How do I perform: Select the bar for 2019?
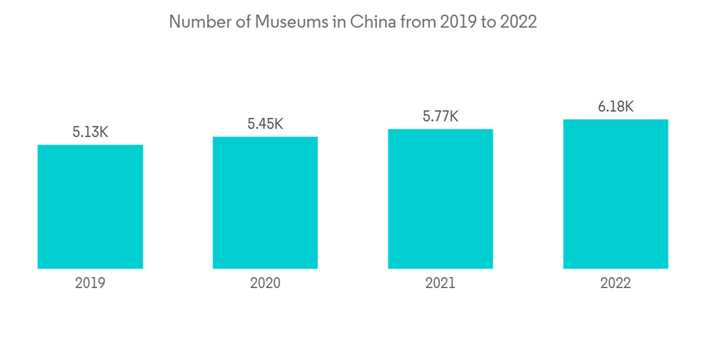pos(90,206)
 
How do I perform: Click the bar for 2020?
pos(265,202)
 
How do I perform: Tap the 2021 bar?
pos(441,199)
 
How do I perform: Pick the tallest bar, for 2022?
pos(615,194)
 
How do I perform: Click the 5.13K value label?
pos(90,132)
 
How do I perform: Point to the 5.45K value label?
pos(265,124)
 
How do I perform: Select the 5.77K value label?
pos(441,116)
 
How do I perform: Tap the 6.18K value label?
pos(615,106)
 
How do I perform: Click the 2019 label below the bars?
pos(90,283)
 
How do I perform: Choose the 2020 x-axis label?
pos(265,283)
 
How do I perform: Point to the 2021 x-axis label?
pos(441,283)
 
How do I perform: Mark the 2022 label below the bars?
pos(615,283)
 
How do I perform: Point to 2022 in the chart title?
pos(518,22)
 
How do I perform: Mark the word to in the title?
pos(488,22)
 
